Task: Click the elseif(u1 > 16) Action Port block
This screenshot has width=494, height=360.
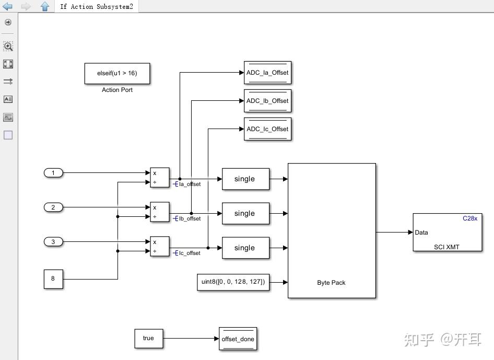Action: [x=117, y=74]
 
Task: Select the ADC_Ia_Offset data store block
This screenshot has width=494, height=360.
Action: [x=267, y=73]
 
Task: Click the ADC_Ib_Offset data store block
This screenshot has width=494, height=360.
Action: [x=267, y=101]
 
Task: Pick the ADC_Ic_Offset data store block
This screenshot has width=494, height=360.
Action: [x=267, y=129]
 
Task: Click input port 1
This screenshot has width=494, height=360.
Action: [x=53, y=173]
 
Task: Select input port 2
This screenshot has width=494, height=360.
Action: [x=53, y=207]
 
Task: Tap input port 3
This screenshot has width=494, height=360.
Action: [x=53, y=242]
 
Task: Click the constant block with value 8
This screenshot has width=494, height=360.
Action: [x=53, y=278]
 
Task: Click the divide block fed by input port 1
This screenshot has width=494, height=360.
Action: [x=160, y=178]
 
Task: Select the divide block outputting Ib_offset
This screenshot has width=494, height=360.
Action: [x=160, y=212]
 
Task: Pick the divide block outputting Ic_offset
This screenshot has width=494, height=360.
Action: [x=160, y=247]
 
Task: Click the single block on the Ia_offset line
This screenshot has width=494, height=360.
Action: [x=245, y=179]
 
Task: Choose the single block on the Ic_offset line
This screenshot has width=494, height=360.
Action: [x=245, y=248]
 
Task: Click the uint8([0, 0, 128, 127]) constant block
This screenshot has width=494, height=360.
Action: [x=233, y=282]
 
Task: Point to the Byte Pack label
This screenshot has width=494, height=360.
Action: [x=331, y=283]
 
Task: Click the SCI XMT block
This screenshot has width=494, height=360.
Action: [x=447, y=233]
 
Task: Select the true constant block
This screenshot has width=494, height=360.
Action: [x=148, y=338]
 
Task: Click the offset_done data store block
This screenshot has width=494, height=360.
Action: [x=238, y=339]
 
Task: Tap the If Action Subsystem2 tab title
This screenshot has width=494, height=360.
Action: [x=97, y=7]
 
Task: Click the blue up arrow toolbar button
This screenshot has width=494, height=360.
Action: [x=45, y=7]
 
